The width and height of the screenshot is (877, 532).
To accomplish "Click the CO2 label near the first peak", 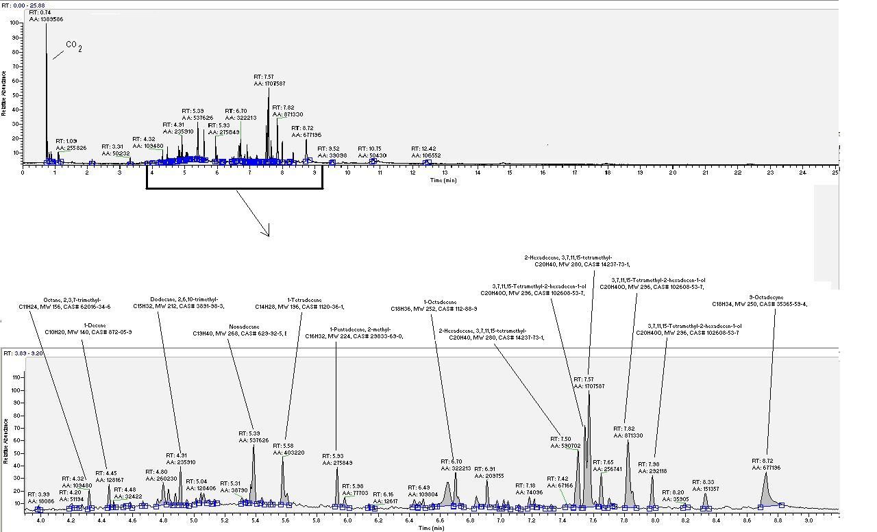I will [x=74, y=47].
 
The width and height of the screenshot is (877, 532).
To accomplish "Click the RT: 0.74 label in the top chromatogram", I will [x=40, y=13].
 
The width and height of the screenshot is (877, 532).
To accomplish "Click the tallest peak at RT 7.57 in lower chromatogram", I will [x=589, y=397].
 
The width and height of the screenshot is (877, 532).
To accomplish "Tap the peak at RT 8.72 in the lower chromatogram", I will [x=765, y=475].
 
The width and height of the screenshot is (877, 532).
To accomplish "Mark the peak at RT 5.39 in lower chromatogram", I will [x=254, y=448].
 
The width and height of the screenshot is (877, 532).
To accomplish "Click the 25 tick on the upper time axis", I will [x=835, y=173].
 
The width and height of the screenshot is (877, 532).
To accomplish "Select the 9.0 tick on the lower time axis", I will [x=809, y=520].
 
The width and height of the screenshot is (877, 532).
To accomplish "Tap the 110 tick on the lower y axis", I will [x=19, y=377].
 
